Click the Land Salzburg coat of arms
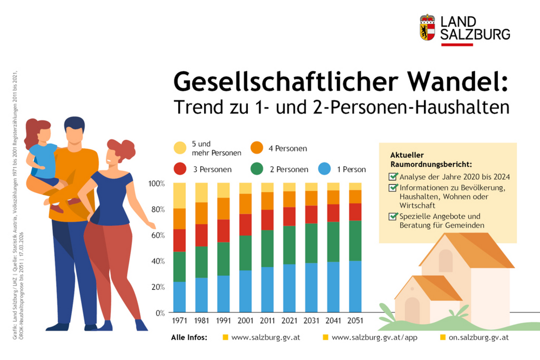[x=427, y=27]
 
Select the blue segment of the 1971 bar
[x=179, y=297]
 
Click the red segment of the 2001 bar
[x=246, y=225]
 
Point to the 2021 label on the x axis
[x=289, y=320]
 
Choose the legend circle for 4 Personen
[x=257, y=148]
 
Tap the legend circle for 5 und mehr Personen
[x=180, y=148]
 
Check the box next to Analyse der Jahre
[x=393, y=176]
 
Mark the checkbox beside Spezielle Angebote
[x=393, y=216]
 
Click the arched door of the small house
[x=412, y=310]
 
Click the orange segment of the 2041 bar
[x=333, y=197]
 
